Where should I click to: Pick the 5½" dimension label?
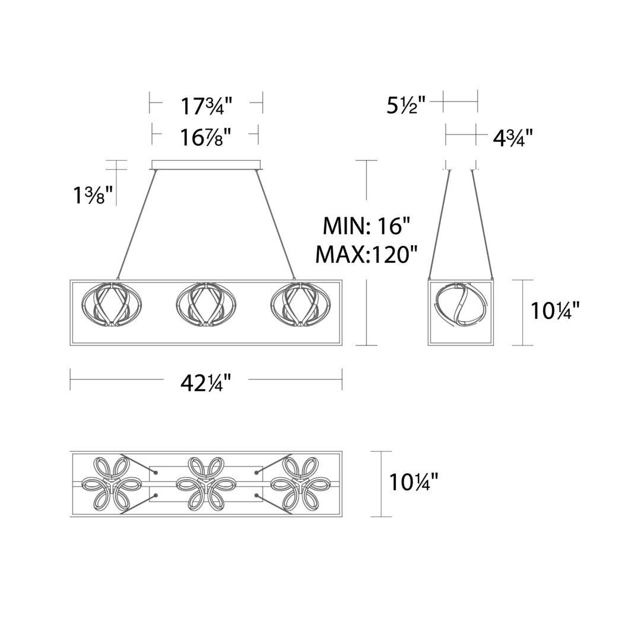(407, 105)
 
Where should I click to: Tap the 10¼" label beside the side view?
(555, 310)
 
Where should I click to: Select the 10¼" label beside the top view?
(413, 481)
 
